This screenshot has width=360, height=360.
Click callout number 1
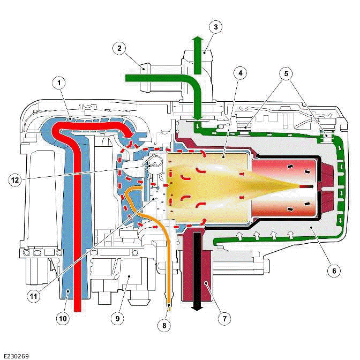[x=59, y=83]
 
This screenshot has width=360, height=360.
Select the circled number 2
[x=119, y=49]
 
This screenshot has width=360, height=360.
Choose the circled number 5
[x=287, y=72]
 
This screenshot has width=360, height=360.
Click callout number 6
[x=333, y=271]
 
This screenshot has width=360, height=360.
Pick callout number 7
[x=224, y=319]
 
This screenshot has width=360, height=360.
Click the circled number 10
[x=63, y=319]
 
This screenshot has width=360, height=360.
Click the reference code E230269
[x=17, y=355]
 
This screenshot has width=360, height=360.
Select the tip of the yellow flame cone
[x=298, y=185]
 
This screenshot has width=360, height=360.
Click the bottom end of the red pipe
[x=78, y=310]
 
